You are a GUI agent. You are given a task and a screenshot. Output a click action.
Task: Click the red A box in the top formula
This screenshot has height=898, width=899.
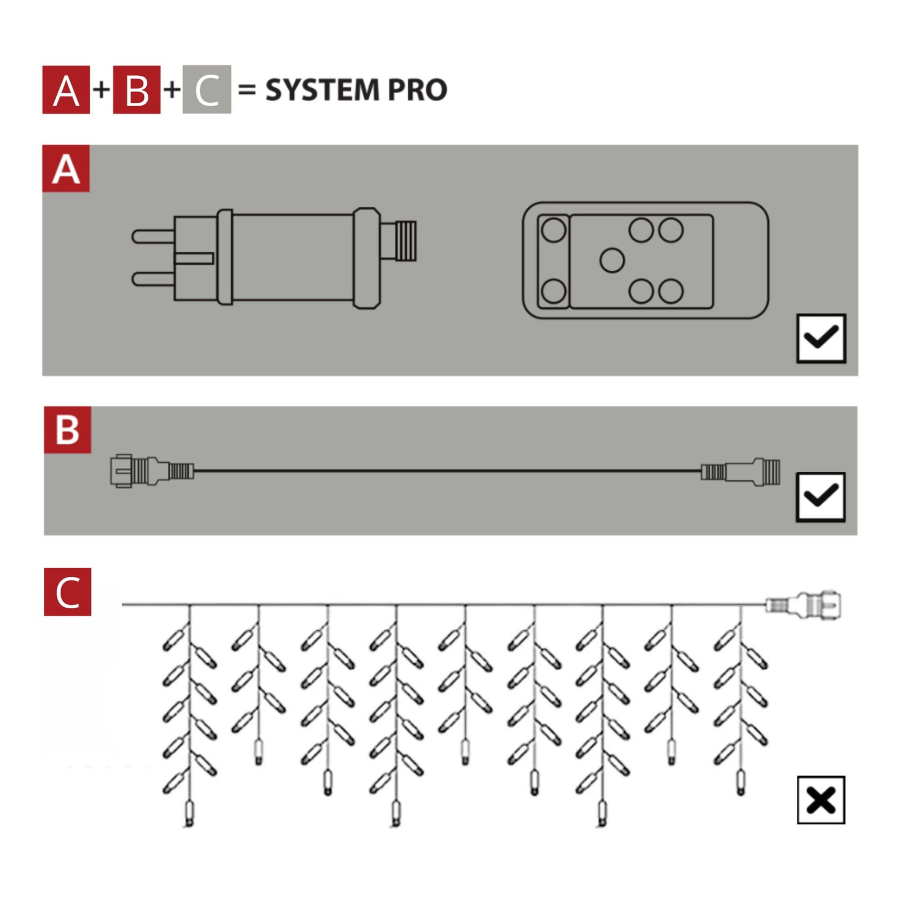66,90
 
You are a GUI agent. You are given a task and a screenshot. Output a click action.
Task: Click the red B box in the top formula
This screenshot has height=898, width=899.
137,90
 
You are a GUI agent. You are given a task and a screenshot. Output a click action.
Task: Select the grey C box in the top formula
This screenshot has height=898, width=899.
207,90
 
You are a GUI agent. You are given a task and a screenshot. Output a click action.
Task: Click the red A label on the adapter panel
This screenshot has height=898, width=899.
66,168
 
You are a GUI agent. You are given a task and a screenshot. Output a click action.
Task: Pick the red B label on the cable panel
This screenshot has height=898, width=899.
67,430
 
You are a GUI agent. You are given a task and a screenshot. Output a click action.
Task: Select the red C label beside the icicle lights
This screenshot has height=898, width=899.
67,592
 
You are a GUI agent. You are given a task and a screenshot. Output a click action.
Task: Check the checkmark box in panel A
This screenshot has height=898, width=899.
821,338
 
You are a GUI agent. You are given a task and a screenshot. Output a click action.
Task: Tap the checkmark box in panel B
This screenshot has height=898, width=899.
821,497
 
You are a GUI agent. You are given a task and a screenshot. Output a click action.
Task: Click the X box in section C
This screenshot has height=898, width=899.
821,800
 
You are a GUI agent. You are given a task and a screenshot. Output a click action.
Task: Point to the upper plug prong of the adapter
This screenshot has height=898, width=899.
153,236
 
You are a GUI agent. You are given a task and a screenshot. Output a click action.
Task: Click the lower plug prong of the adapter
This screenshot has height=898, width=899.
153,279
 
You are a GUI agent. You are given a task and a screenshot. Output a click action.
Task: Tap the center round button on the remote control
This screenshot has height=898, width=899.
612,261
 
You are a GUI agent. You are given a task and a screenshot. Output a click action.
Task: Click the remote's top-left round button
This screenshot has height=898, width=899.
553,230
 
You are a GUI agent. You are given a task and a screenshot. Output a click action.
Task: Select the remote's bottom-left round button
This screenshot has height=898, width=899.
553,291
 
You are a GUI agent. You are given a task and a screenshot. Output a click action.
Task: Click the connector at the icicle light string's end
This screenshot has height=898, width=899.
803,605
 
